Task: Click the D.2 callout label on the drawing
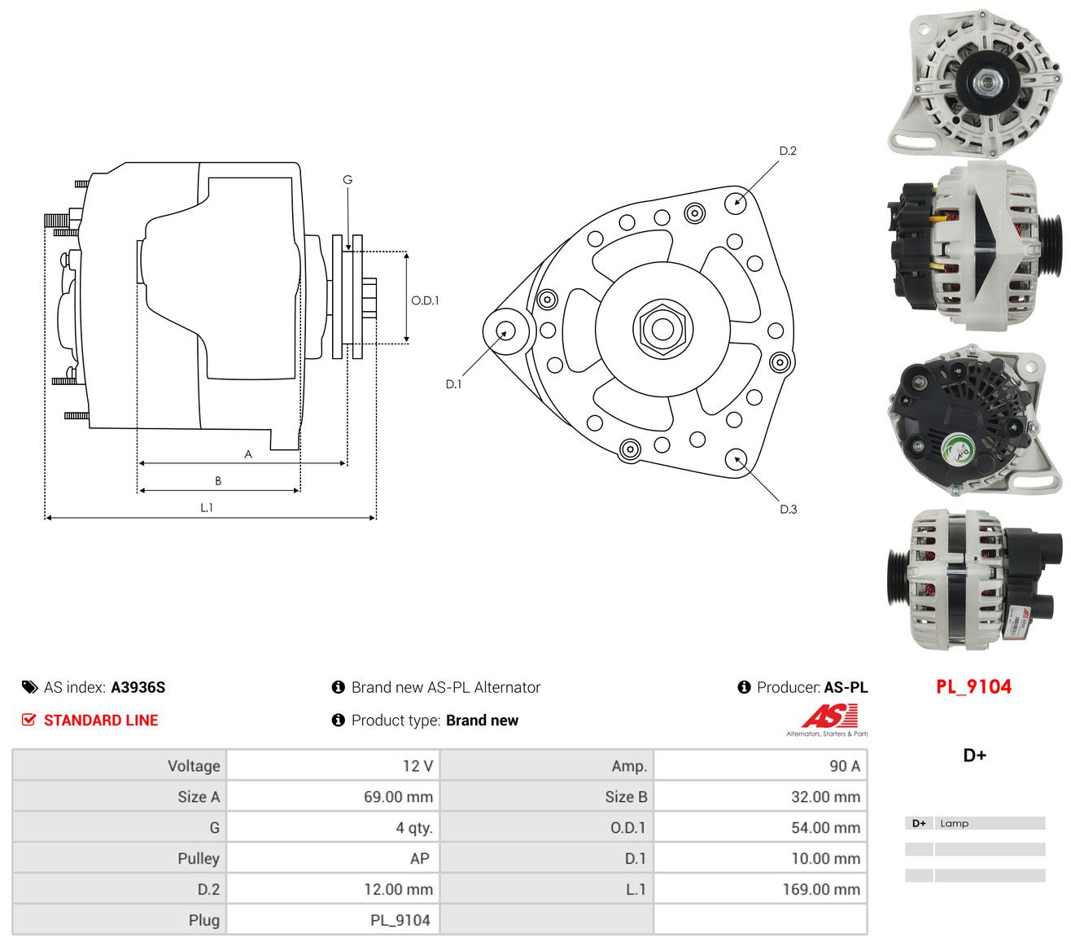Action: pos(787,151)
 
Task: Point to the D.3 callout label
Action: pos(788,509)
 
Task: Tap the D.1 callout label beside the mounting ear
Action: pos(453,384)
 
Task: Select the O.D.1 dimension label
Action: pos(425,300)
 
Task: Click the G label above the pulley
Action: pos(348,180)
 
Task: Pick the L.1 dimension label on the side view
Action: pos(206,508)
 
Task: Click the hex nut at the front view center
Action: pos(662,329)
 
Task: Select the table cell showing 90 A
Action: pos(845,766)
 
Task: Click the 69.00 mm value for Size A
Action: pos(398,797)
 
